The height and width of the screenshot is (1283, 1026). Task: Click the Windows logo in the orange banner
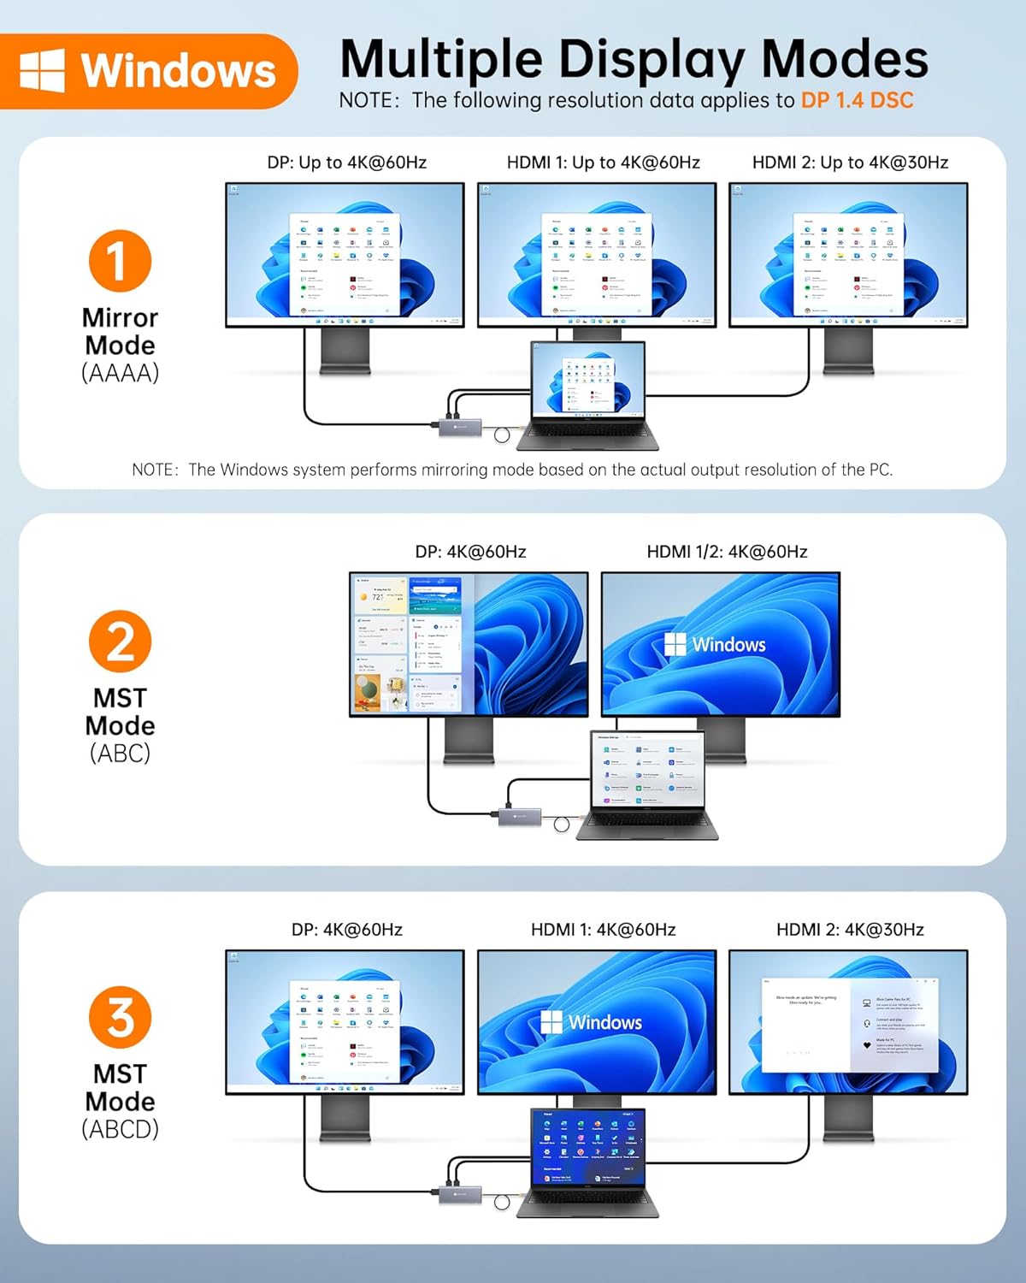point(42,70)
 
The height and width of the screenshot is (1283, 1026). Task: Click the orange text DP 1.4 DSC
point(857,100)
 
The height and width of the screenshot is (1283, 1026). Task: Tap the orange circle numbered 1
point(120,261)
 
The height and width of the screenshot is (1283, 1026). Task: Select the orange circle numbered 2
point(120,641)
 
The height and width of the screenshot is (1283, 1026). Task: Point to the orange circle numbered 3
point(120,1017)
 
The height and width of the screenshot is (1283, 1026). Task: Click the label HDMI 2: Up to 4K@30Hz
point(850,163)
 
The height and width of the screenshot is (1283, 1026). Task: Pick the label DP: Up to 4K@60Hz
point(346,163)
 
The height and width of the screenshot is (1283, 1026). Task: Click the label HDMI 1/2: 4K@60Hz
point(727,552)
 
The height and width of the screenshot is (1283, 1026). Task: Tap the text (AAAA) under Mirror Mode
point(120,373)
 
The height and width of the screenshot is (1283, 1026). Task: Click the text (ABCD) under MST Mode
point(120,1129)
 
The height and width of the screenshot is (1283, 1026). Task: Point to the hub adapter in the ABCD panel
point(459,1192)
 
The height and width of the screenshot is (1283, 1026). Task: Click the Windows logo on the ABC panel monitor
point(675,644)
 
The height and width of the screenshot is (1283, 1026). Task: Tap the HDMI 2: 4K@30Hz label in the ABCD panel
point(850,930)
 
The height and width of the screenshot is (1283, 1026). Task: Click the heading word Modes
point(844,60)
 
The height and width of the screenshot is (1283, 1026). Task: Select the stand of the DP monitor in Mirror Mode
point(345,351)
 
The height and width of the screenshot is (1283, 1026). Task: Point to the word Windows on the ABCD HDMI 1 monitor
point(605,1022)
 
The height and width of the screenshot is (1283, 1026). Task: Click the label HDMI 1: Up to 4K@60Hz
point(603,163)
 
